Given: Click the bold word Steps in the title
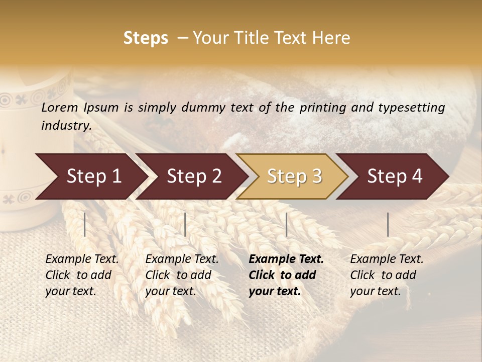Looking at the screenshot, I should [x=146, y=38].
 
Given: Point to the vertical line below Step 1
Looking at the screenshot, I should [x=85, y=224].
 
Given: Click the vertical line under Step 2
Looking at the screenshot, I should [x=185, y=224].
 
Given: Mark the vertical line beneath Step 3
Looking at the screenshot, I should [x=287, y=224].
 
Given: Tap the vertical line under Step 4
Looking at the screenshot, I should [x=388, y=224].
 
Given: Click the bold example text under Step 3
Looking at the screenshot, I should [x=286, y=275].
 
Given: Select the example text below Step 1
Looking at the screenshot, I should [x=82, y=275].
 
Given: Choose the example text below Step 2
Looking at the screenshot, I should [x=182, y=275].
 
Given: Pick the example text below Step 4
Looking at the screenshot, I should [x=387, y=275].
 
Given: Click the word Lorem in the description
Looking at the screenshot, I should [x=60, y=108].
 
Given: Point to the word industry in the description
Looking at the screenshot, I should [x=66, y=125].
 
